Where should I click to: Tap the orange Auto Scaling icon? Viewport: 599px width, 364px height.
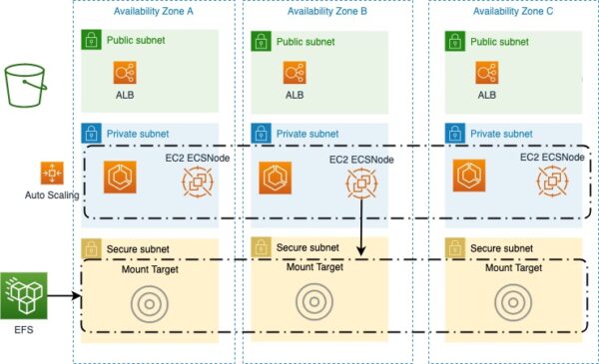[x=51, y=173]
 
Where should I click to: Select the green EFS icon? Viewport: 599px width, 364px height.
[x=23, y=294]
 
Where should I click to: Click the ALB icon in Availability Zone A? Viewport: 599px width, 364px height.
[x=125, y=74]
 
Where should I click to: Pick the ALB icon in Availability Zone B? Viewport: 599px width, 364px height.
[x=295, y=74]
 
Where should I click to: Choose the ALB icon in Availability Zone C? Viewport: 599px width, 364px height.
[x=487, y=74]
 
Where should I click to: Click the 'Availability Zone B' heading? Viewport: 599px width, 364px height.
[x=326, y=11]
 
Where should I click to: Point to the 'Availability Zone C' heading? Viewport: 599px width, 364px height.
[x=515, y=11]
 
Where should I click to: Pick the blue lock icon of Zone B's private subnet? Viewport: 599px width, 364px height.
[x=260, y=132]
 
